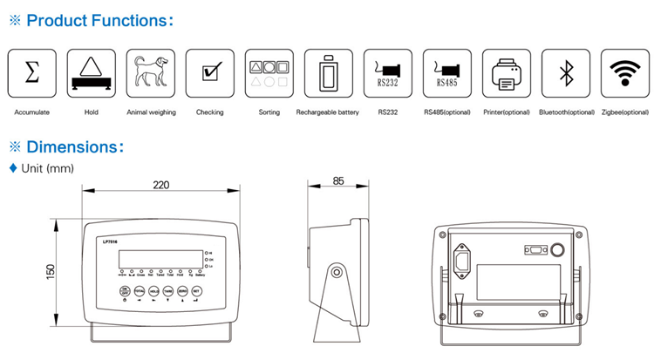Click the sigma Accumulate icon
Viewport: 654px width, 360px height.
pyautogui.click(x=31, y=73)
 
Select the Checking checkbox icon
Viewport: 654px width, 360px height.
pyautogui.click(x=209, y=73)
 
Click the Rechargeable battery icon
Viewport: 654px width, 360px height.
pyautogui.click(x=327, y=73)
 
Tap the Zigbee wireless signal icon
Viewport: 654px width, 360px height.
pyautogui.click(x=623, y=73)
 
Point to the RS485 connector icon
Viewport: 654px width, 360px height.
pyautogui.click(x=446, y=73)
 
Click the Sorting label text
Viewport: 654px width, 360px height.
pyautogui.click(x=269, y=112)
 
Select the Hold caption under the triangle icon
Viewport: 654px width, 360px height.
pyautogui.click(x=91, y=112)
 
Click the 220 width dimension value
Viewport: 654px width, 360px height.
pyautogui.click(x=160, y=185)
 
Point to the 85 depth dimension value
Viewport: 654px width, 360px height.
pyautogui.click(x=338, y=181)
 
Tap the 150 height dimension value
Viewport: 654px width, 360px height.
pyautogui.click(x=50, y=272)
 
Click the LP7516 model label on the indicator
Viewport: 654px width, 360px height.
pyautogui.click(x=111, y=241)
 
